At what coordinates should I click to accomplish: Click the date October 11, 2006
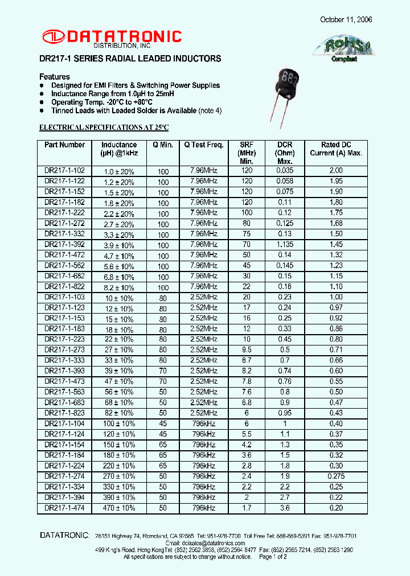click(346, 19)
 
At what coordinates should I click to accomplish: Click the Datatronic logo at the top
click(112, 38)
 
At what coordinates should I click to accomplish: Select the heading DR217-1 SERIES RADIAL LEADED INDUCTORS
click(130, 59)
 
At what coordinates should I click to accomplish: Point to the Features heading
click(55, 77)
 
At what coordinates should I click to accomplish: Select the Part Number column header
click(64, 145)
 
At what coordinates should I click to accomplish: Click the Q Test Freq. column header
click(203, 145)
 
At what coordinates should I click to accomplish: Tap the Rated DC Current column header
click(336, 149)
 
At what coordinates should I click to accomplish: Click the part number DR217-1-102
click(64, 171)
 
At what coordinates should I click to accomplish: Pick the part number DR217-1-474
click(64, 508)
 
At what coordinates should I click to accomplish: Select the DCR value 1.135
click(285, 244)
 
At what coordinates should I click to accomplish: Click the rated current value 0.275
click(336, 476)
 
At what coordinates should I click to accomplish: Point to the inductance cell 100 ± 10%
click(119, 424)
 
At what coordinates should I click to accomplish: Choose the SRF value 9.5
click(247, 350)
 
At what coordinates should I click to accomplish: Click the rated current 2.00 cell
click(336, 171)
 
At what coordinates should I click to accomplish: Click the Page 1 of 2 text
click(273, 557)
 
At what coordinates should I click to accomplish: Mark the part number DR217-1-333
click(64, 360)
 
